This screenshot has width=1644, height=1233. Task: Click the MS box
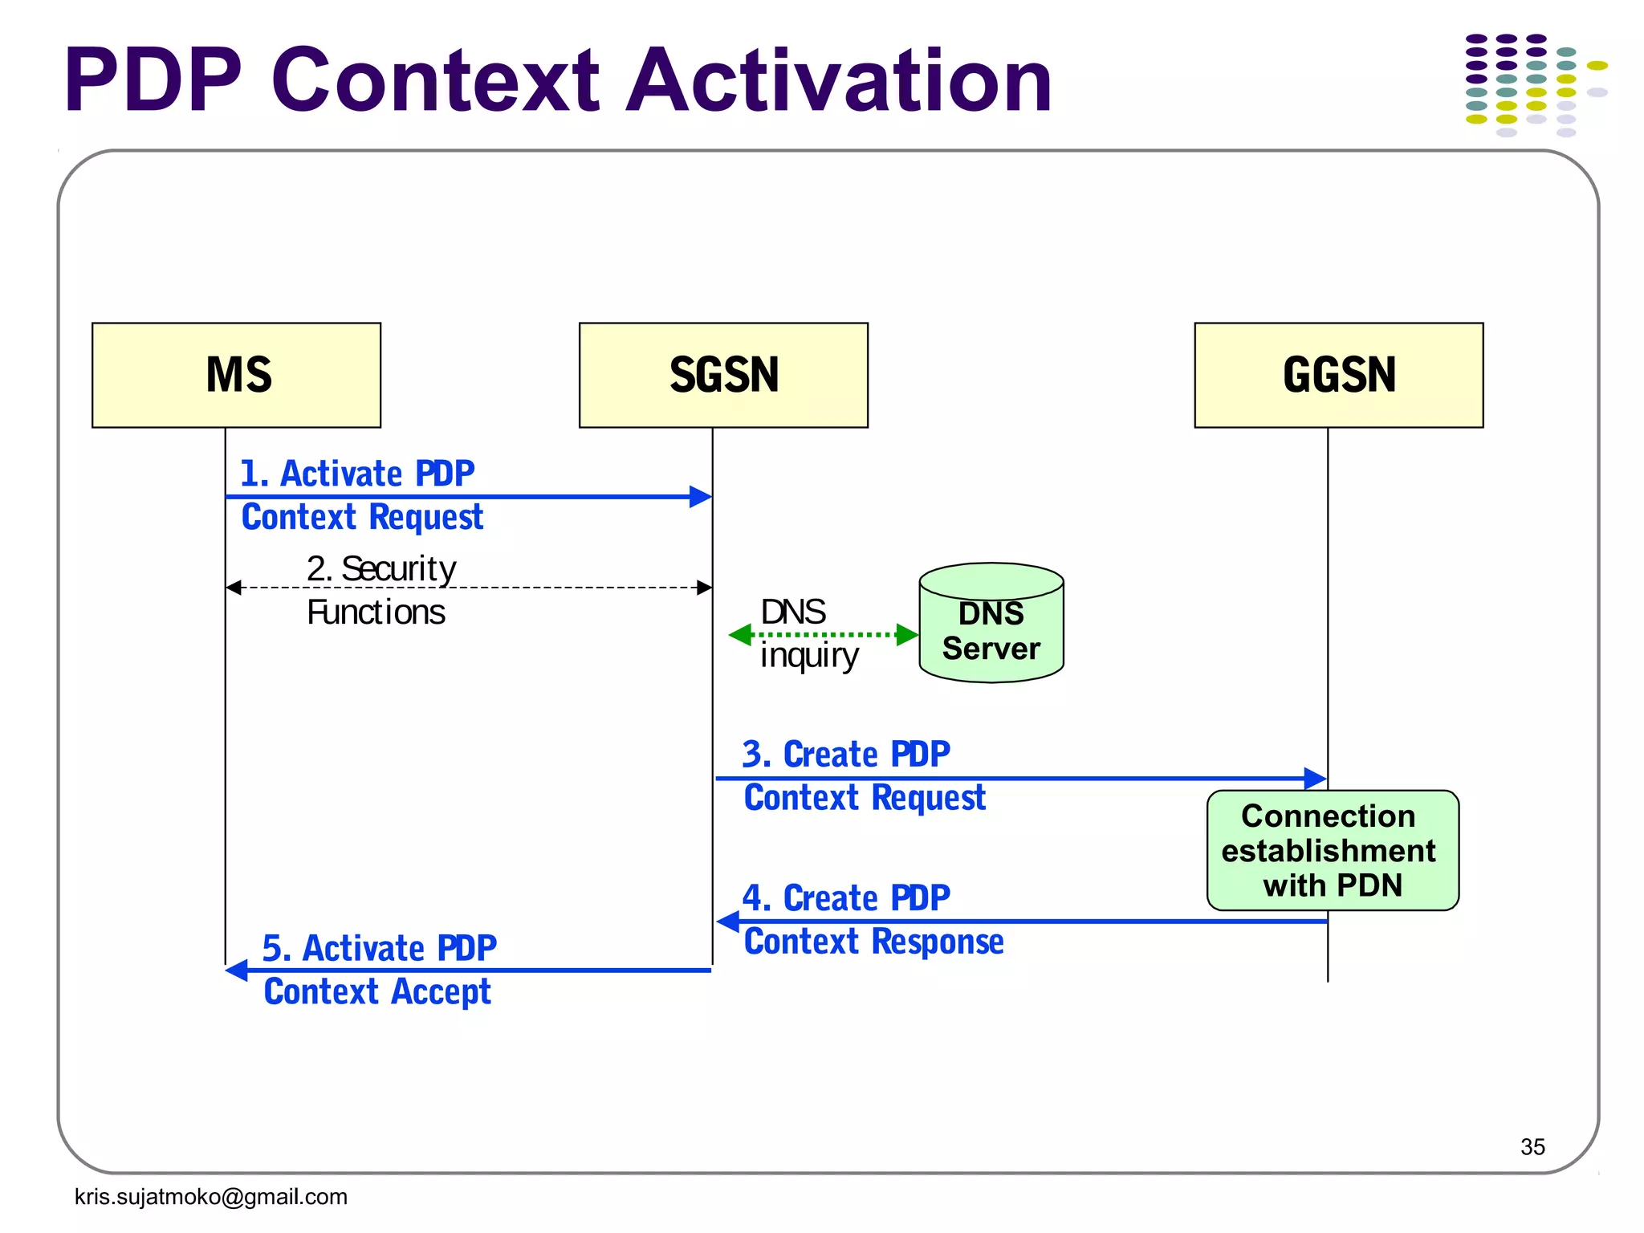(x=236, y=375)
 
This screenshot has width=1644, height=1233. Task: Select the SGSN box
(x=723, y=375)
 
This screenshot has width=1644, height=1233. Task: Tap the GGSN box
(x=1338, y=375)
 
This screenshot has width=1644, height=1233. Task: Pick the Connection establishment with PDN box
(x=1332, y=850)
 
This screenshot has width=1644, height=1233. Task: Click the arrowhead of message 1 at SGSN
(x=702, y=497)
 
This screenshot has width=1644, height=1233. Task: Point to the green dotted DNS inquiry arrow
(x=824, y=635)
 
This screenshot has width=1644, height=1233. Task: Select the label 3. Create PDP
(x=845, y=755)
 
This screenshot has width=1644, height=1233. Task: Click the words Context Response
(x=873, y=942)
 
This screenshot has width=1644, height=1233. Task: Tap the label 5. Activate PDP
(x=379, y=949)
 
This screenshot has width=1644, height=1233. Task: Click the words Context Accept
(x=376, y=992)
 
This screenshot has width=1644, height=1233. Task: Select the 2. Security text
(x=380, y=569)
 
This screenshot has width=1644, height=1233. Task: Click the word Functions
(x=376, y=612)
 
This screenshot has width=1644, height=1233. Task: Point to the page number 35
(x=1532, y=1146)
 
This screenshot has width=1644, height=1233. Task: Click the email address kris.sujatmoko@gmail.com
(x=210, y=1197)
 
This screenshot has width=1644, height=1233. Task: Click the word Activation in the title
(x=838, y=80)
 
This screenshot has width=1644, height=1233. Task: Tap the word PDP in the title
(x=153, y=80)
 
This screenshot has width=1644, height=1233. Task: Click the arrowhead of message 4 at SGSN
(x=727, y=922)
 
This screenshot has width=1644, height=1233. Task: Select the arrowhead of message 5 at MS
(x=237, y=971)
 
